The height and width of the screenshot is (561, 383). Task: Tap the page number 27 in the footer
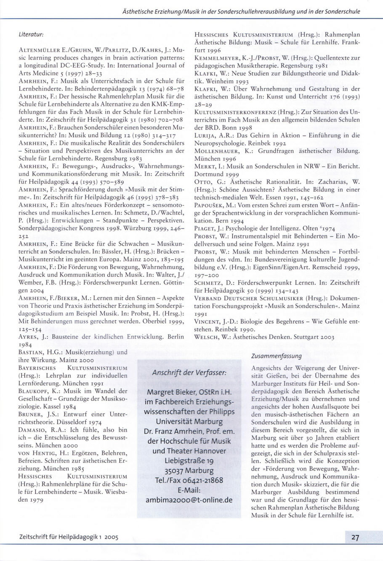pos(355,537)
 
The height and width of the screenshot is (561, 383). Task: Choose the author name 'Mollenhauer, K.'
pos(220,151)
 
